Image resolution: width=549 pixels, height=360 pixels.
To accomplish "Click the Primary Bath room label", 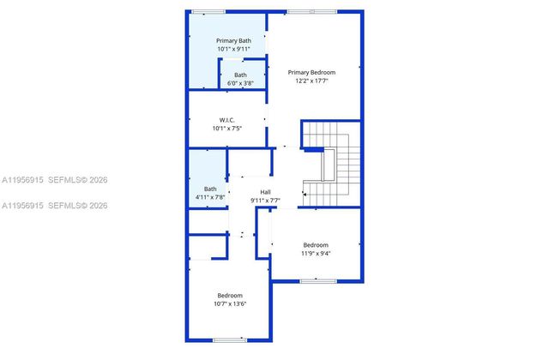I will coord(233,40).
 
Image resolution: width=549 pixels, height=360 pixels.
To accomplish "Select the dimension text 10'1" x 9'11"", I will coord(233,50).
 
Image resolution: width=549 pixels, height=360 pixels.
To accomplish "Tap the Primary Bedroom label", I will coord(311,72).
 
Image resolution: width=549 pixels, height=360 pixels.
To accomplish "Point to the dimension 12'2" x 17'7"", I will coord(311,81).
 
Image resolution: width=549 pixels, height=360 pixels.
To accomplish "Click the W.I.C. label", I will coord(226,119).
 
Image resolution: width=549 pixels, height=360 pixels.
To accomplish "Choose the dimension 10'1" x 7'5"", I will coord(226,129).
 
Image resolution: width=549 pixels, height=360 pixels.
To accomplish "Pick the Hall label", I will coord(266,191).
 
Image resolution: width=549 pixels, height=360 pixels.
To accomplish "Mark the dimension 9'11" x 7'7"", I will coord(266,201).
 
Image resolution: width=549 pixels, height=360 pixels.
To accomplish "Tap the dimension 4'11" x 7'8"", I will coord(210,198).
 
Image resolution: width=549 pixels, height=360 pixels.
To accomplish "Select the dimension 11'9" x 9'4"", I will coord(316,253).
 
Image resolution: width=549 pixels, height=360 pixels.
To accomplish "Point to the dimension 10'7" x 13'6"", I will coord(230,304).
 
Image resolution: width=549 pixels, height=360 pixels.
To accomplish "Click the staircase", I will coord(335,163).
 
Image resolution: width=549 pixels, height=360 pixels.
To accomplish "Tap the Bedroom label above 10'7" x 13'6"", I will coord(230,296).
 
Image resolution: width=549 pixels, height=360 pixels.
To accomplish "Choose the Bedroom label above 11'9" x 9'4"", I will coord(316,244).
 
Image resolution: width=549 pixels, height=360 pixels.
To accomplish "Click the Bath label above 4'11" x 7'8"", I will coord(210,189).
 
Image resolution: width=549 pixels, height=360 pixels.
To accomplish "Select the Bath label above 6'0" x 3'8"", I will coord(240,75).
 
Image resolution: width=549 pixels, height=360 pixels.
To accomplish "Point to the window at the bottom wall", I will coord(230,340).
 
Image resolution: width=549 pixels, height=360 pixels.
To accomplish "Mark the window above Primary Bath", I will coord(209,11).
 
